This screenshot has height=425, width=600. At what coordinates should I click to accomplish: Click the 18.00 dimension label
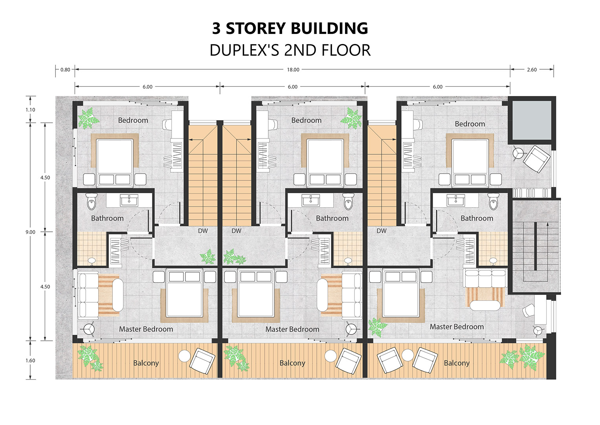(293, 70)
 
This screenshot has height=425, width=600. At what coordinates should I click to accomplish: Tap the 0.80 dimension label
(65, 70)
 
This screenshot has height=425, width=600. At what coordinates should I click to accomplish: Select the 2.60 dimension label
(532, 70)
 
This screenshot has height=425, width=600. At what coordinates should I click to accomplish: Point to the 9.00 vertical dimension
(30, 232)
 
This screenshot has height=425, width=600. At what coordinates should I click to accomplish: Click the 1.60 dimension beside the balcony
(30, 360)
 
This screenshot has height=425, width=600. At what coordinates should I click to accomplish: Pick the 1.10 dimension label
(30, 110)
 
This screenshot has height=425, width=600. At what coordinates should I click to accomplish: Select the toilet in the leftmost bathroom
(92, 201)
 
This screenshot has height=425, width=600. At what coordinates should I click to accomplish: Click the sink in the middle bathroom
(311, 200)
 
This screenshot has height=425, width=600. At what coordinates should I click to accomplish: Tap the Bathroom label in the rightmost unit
(477, 218)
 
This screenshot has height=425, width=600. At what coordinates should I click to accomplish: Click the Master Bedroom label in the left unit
(146, 329)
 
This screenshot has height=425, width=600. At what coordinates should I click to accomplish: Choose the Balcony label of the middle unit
(292, 363)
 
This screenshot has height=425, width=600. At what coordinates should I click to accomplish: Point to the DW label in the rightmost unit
(382, 231)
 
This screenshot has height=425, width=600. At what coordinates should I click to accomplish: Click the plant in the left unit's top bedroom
(88, 118)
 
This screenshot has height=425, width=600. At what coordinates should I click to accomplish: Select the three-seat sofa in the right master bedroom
(485, 278)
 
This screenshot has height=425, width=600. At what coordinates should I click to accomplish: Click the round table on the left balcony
(184, 356)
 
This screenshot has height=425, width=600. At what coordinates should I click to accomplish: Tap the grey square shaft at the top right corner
(532, 120)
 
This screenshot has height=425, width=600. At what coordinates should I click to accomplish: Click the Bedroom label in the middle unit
(306, 120)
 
